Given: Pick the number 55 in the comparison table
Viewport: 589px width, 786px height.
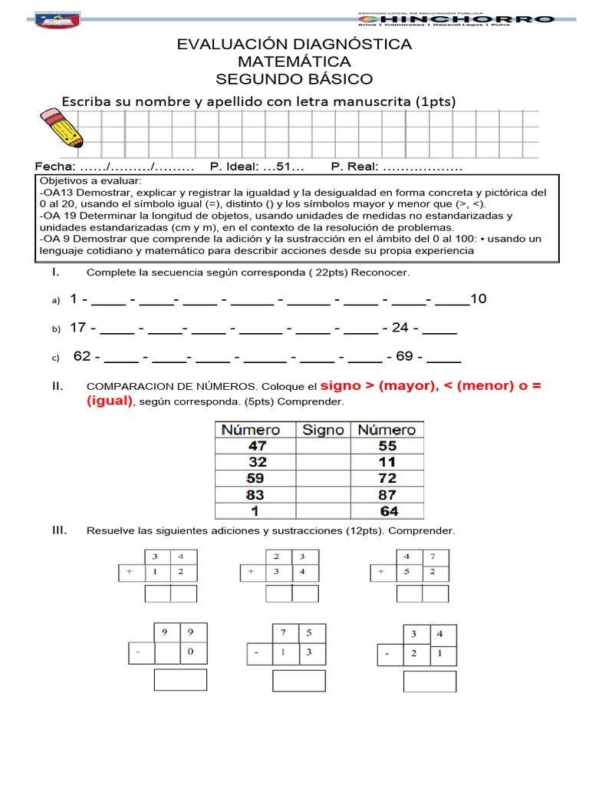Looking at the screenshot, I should point(387,446).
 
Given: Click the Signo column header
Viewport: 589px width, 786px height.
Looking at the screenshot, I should point(323,430).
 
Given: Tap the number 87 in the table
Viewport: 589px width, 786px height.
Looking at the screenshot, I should point(387,495).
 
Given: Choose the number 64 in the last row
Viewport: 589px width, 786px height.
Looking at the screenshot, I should point(389,511).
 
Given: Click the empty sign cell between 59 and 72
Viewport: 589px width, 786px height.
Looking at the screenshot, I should point(323,479).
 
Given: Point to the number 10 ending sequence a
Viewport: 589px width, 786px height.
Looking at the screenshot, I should point(479,299).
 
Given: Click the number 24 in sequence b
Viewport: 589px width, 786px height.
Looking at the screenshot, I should point(400,328).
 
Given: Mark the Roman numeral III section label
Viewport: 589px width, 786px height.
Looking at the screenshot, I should point(59,530).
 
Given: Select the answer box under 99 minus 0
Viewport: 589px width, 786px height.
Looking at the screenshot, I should point(180,680).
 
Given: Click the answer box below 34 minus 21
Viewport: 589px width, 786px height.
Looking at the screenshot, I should point(429,681).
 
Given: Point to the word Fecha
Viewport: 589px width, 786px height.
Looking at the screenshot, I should point(54,167).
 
